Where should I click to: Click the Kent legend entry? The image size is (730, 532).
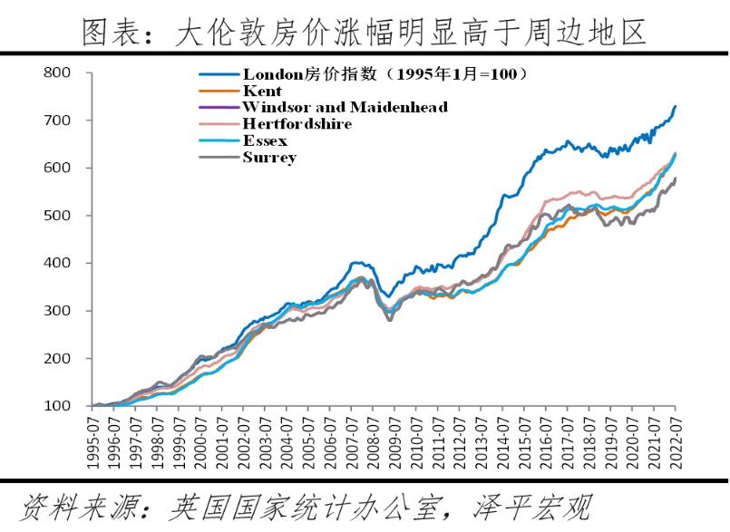click(x=262, y=91)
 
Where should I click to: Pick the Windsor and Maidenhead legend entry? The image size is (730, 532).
click(x=345, y=107)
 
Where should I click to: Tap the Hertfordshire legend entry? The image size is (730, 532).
click(x=297, y=123)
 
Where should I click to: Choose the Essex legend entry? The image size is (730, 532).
click(x=265, y=140)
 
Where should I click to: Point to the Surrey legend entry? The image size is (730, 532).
click(x=269, y=157)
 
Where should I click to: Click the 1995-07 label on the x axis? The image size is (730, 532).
click(x=94, y=444)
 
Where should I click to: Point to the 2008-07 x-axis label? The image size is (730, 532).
click(x=374, y=444)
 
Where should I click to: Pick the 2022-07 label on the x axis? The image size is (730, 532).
click(x=675, y=444)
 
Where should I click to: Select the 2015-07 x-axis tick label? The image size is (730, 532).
click(x=524, y=444)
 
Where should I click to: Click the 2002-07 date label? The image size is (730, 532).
click(x=245, y=444)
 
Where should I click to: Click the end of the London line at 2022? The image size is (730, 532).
click(x=675, y=106)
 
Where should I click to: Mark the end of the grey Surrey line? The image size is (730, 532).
click(x=675, y=179)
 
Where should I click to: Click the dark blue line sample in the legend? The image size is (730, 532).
click(x=219, y=74)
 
